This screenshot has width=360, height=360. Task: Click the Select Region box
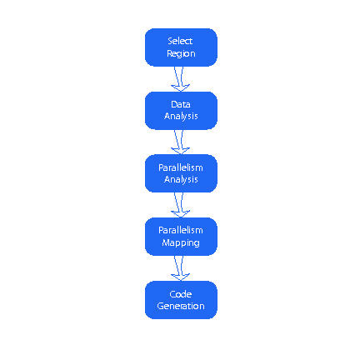tap(181, 47)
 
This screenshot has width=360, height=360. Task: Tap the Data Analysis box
tap(181, 111)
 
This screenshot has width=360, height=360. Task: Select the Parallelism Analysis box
tap(181, 173)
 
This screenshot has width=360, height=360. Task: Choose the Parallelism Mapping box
tap(181, 237)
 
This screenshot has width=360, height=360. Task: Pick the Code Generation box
tap(181, 300)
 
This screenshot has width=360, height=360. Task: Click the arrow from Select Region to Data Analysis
tap(180, 79)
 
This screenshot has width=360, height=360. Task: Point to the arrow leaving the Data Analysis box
tap(180, 142)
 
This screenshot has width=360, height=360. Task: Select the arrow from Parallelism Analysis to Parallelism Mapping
tap(180, 205)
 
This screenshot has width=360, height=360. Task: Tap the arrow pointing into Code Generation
tap(180, 268)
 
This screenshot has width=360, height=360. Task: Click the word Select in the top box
tap(180, 41)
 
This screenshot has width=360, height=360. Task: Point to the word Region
tap(181, 53)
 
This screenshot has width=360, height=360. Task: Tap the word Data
tap(181, 104)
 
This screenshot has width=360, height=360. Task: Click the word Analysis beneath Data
tap(181, 116)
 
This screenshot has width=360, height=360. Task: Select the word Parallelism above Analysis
tap(181, 167)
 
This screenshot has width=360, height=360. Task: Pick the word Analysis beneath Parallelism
tap(181, 179)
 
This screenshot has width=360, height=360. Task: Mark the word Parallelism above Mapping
tap(181, 230)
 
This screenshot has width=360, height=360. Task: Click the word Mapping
tap(181, 242)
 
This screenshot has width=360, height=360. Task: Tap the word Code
tap(181, 294)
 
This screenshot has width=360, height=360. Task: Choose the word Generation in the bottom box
tap(181, 306)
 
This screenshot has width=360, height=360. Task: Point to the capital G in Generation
tap(160, 306)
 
